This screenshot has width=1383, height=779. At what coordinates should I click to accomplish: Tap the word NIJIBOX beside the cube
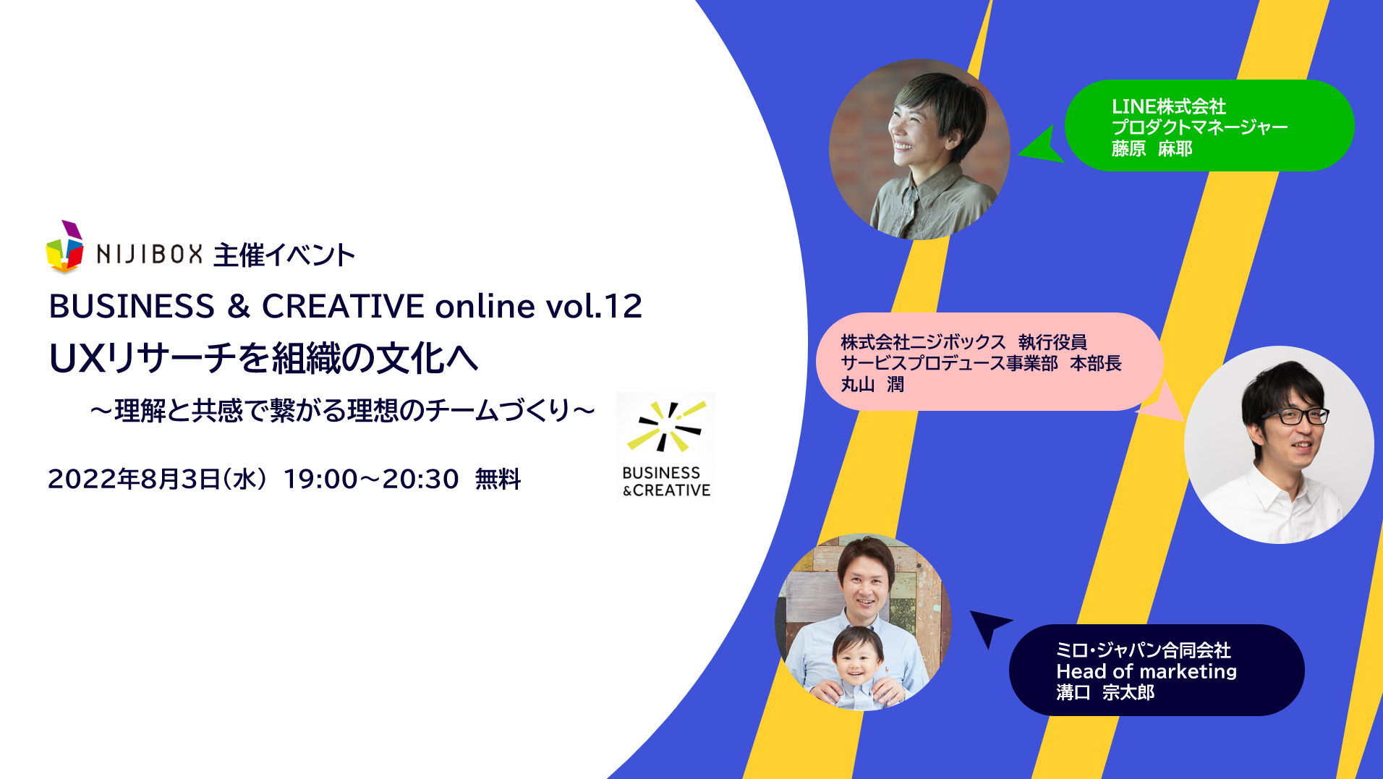pyautogui.click(x=150, y=255)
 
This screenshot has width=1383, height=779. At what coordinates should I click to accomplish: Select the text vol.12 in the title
pyautogui.click(x=594, y=306)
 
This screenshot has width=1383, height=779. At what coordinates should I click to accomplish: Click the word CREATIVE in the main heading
pyautogui.click(x=343, y=306)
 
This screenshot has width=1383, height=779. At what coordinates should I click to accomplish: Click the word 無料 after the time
pyautogui.click(x=498, y=479)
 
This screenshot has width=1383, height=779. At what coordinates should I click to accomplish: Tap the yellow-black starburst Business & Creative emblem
pyautogui.click(x=665, y=427)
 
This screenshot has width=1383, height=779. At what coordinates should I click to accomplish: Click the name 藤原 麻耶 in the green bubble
pyautogui.click(x=1152, y=149)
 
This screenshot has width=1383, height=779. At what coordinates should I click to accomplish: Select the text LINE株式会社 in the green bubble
pyautogui.click(x=1169, y=106)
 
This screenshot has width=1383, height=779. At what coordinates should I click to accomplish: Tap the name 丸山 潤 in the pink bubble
pyautogui.click(x=872, y=384)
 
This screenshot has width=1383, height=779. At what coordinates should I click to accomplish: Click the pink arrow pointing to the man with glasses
pyautogui.click(x=1162, y=402)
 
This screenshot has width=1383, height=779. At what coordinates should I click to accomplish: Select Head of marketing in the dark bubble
pyautogui.click(x=1146, y=671)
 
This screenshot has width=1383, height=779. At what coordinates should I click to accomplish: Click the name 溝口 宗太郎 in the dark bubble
pyautogui.click(x=1105, y=693)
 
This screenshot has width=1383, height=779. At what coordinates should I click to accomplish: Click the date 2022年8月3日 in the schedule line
pyautogui.click(x=135, y=479)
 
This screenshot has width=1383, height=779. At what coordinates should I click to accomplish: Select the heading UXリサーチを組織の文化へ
pyautogui.click(x=263, y=357)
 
